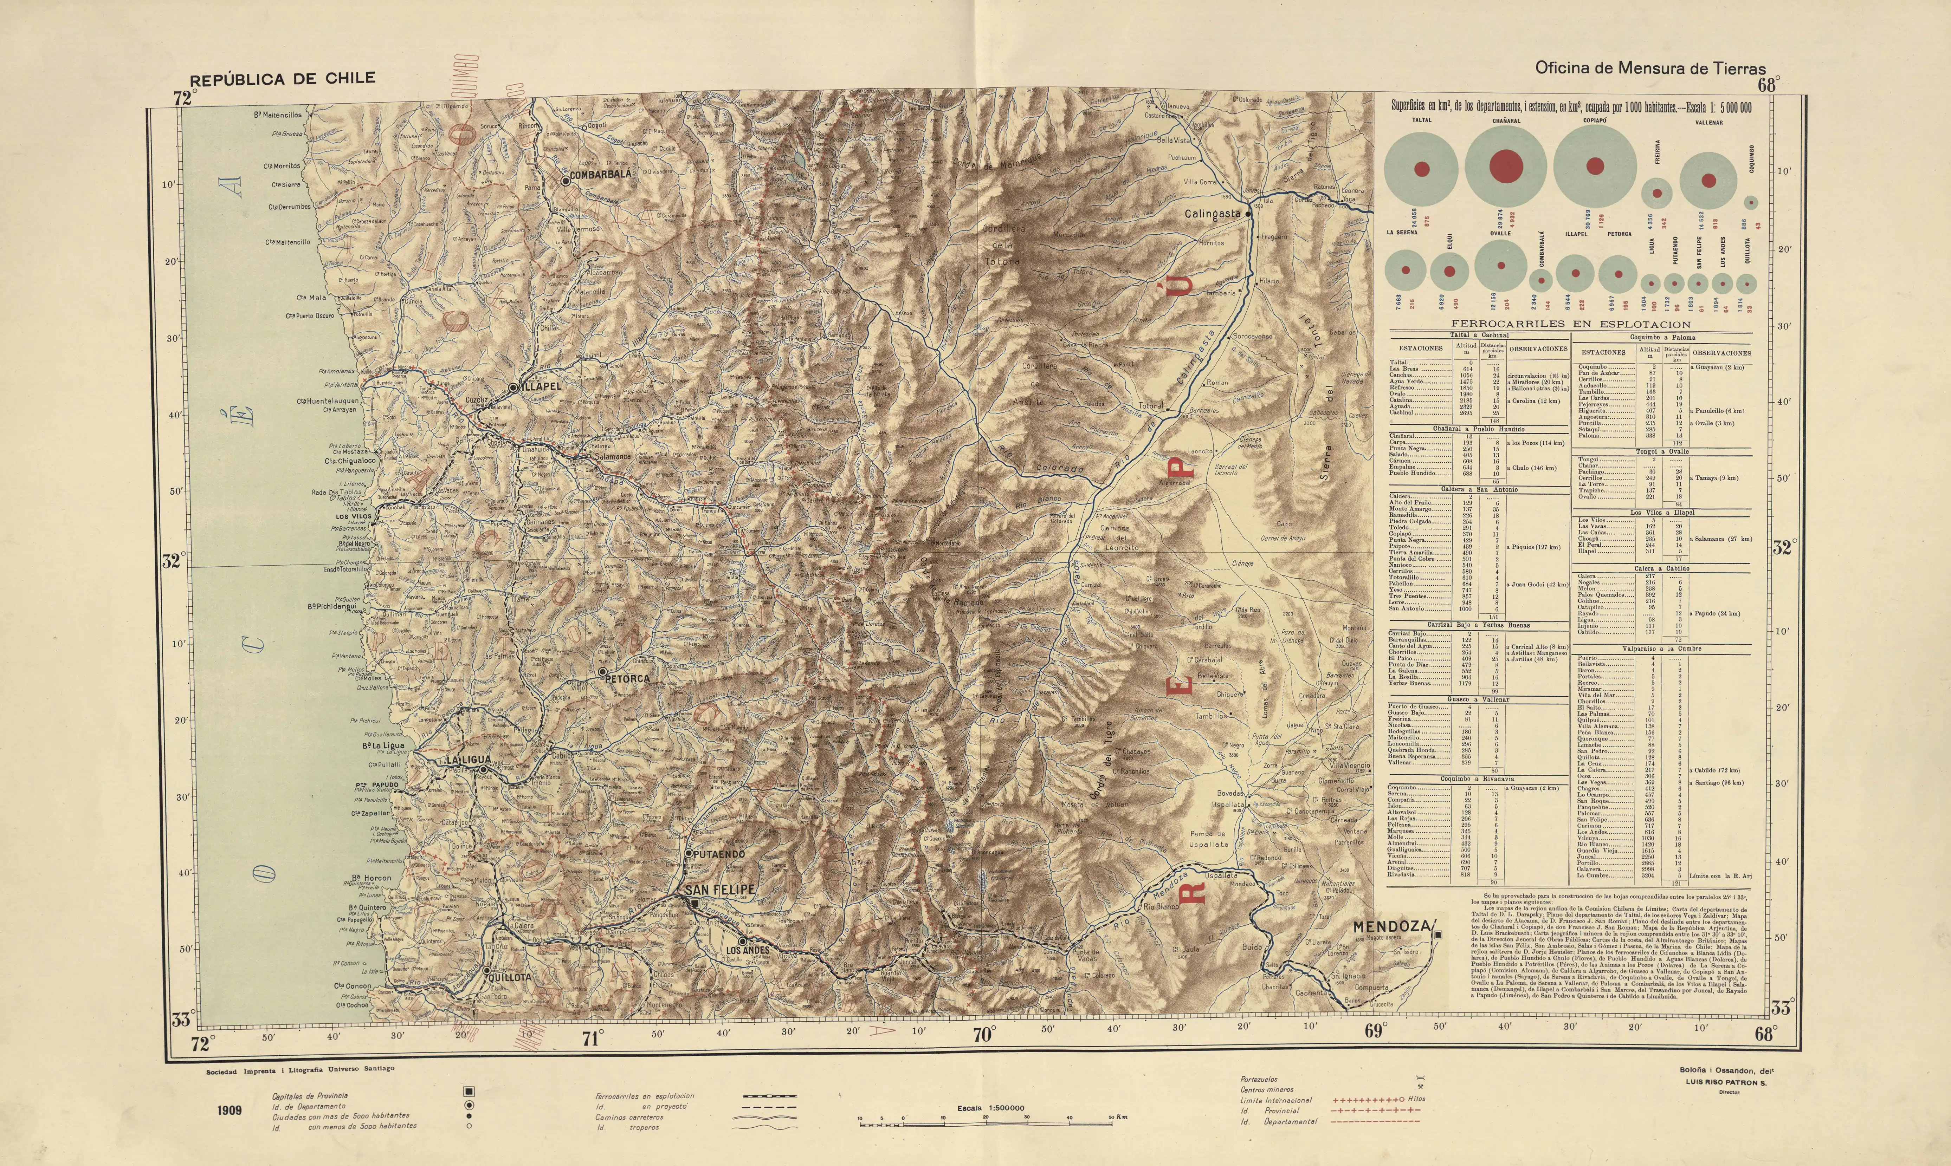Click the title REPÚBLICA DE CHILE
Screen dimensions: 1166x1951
(282, 79)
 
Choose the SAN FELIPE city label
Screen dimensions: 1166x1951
(720, 890)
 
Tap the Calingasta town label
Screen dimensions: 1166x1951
(1213, 214)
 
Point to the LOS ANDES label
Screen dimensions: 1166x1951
(748, 951)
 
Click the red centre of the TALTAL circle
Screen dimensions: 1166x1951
(1422, 169)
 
